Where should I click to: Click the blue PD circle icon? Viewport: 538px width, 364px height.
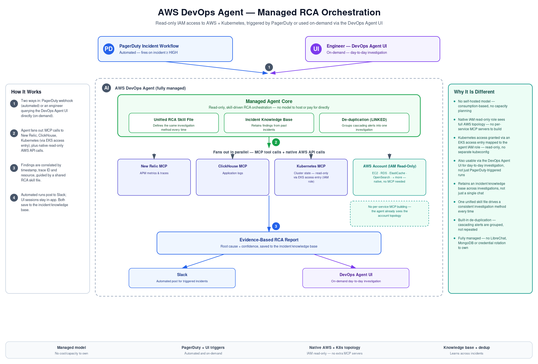point(109,49)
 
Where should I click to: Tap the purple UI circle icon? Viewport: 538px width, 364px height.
point(316,49)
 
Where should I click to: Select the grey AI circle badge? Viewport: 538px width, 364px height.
point(106,88)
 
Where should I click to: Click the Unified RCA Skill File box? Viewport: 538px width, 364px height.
point(174,123)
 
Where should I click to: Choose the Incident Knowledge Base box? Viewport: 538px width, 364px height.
point(269,123)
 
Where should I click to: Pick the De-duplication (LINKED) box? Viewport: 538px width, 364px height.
point(364,123)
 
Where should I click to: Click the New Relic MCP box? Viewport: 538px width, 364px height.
point(154,177)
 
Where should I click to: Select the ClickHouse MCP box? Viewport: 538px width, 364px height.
point(233,177)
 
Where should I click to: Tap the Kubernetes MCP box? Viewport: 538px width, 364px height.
point(311,177)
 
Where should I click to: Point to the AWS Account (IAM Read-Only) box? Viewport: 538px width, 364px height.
point(389,177)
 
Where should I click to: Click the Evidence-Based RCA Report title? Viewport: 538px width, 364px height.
point(269,240)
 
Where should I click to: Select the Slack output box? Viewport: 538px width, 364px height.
point(182,278)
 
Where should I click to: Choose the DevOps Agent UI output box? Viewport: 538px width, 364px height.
point(356,278)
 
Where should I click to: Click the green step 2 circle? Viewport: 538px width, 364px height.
point(276,142)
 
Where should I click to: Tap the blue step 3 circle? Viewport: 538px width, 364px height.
point(276,226)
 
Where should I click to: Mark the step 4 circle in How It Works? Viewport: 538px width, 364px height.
point(14,198)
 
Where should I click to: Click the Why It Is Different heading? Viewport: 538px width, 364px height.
point(474,92)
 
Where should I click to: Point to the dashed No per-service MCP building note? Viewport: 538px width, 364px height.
point(389,214)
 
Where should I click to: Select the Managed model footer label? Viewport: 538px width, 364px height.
point(71,347)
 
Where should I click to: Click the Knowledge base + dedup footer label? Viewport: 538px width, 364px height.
point(467,347)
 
